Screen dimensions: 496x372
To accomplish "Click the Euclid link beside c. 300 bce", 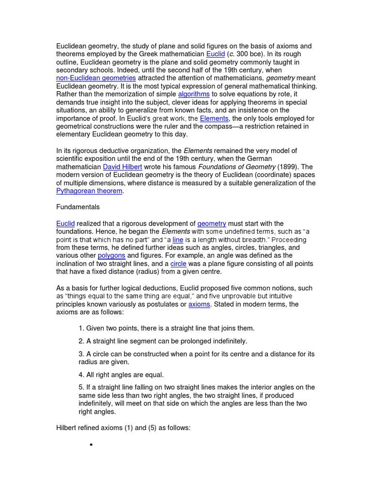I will (216, 54).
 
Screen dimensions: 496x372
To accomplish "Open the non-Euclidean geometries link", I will (96, 78).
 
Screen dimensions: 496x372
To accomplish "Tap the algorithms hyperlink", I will (194, 94).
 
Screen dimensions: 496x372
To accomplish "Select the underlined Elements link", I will (214, 118).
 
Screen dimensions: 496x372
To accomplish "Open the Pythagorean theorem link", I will (89, 191).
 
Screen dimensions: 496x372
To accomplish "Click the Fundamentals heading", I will (78, 207).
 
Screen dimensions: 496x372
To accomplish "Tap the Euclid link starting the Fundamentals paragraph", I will (65, 223).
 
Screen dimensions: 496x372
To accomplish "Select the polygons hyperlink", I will (111, 255).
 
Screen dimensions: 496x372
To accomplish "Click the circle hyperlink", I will (178, 263).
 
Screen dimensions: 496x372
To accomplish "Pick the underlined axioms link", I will (199, 304).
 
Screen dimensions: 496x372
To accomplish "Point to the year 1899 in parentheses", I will (288, 167).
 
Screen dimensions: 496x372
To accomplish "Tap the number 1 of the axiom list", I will (80, 328).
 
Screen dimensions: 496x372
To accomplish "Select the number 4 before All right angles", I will (80, 374).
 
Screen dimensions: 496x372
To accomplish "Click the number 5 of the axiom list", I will (80, 387).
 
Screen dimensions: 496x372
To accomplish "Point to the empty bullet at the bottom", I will (91, 445).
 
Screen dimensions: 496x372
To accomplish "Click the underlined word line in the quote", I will (178, 239).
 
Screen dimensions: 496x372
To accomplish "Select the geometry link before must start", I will (212, 223).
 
